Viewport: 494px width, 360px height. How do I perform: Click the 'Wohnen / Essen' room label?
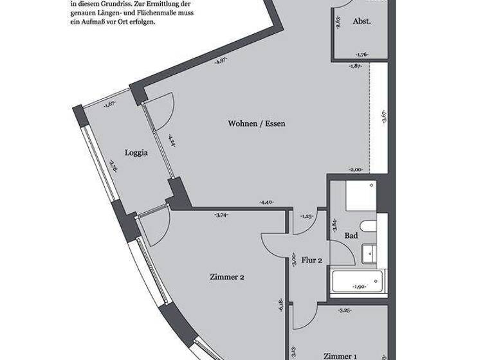point(256,123)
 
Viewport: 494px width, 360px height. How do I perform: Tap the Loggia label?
point(136,153)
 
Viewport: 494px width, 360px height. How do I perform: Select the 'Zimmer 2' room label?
point(226,278)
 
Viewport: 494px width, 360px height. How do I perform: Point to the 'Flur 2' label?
point(312,260)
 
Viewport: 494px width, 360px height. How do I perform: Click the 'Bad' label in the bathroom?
point(351,236)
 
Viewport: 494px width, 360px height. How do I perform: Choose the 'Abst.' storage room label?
point(361,21)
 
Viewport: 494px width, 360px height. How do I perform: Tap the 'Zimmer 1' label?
point(340,356)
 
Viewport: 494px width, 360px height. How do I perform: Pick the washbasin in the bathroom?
point(369,254)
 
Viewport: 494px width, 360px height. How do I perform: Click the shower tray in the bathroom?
point(360,196)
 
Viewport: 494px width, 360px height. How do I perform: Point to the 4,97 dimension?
point(221,61)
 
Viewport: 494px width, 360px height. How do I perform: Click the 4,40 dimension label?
point(266,203)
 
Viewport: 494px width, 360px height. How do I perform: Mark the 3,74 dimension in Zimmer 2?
point(221,215)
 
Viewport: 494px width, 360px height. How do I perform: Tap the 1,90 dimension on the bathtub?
point(359,287)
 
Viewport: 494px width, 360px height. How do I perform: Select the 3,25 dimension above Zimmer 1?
point(344,310)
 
